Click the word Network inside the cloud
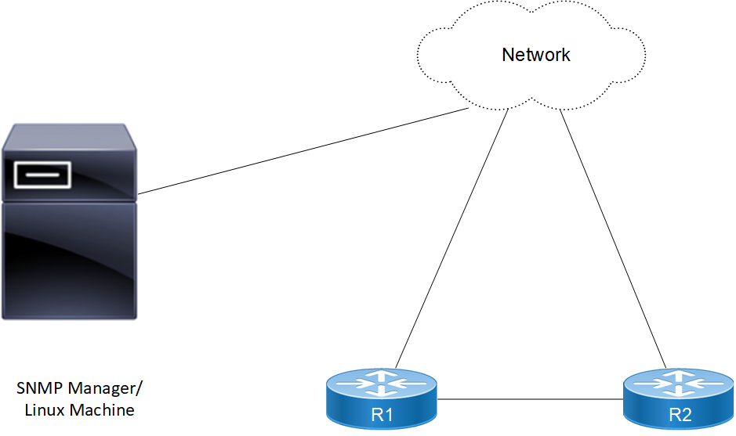pyautogui.click(x=536, y=55)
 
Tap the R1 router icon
pyautogui.click(x=382, y=399)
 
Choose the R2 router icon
pyautogui.click(x=679, y=399)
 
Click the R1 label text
pyautogui.click(x=382, y=415)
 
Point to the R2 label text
pyautogui.click(x=680, y=415)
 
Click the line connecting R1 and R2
pyautogui.click(x=530, y=400)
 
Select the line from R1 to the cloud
pyautogui.click(x=451, y=239)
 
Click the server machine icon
pyautogui.click(x=69, y=227)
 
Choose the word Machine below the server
pyautogui.click(x=102, y=409)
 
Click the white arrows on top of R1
pyautogui.click(x=382, y=381)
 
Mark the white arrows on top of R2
pyautogui.click(x=679, y=381)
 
